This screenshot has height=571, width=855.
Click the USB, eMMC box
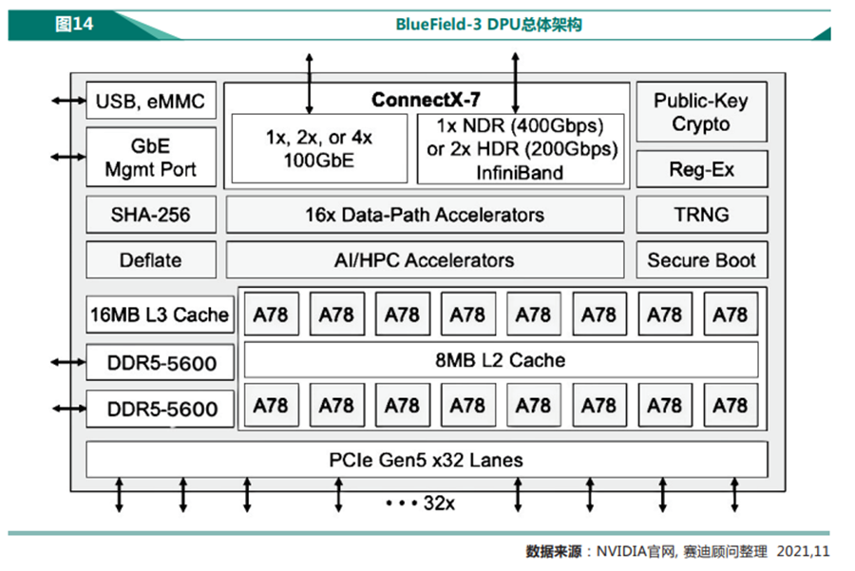(150, 102)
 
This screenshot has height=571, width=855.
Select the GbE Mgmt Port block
(150, 158)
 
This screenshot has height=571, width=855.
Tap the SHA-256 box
(150, 215)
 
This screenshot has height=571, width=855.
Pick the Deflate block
(150, 260)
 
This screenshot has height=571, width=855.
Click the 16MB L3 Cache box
(160, 314)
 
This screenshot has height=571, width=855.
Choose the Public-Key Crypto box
(701, 113)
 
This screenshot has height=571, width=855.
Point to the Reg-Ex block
(701, 170)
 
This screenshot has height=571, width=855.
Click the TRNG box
(701, 215)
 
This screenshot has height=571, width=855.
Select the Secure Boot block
(701, 260)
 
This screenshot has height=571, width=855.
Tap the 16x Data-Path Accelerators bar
(425, 215)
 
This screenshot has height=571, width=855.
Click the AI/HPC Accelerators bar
(425, 260)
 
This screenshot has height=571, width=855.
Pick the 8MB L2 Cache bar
(501, 360)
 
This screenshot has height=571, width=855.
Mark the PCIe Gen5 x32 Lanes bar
(426, 461)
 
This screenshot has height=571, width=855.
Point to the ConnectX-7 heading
(426, 100)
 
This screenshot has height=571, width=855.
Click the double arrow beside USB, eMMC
(67, 100)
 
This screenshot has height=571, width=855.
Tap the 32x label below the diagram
(437, 503)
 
